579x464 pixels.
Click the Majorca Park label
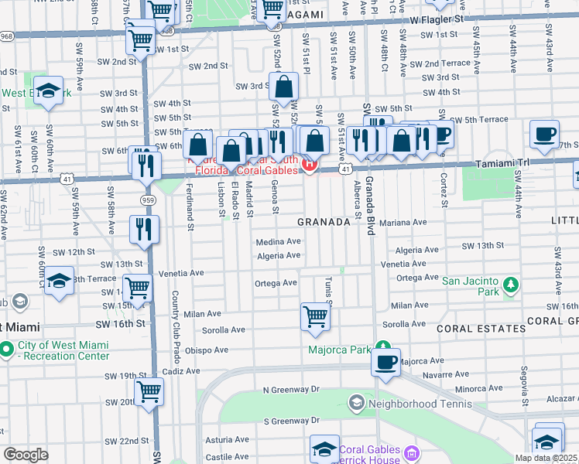point(341,349)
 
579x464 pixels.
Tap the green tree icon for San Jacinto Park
point(510,286)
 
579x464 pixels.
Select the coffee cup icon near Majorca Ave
point(385,361)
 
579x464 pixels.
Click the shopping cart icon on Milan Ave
point(315,316)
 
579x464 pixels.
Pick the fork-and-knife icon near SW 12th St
point(145,227)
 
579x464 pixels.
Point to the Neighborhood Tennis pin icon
point(357,402)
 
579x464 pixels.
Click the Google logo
point(26,455)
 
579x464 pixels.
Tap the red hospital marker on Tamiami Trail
point(310,165)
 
